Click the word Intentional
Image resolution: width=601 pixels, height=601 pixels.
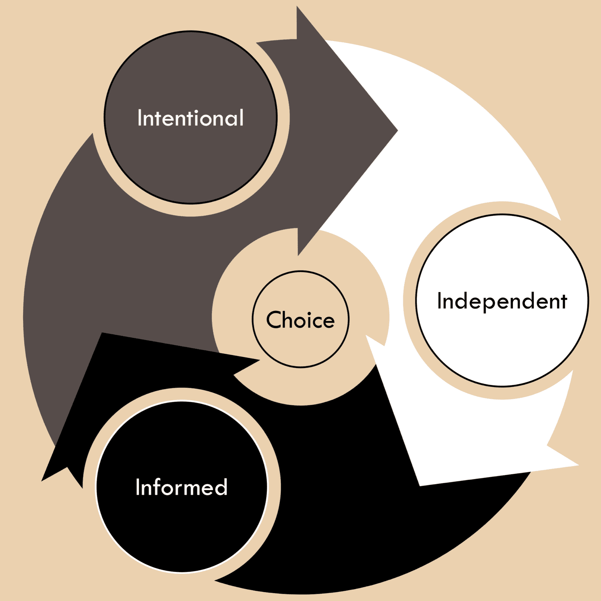tap(190, 118)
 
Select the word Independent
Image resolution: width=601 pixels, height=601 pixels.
tap(502, 302)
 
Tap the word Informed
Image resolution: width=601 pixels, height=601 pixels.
tap(182, 487)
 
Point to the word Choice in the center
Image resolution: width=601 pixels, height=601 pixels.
tap(300, 320)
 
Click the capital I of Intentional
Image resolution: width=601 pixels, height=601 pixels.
tap(139, 118)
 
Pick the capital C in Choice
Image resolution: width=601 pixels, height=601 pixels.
tap(274, 320)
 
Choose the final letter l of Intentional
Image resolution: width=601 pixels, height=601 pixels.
tap(241, 118)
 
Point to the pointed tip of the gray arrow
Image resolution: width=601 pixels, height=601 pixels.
tap(397, 130)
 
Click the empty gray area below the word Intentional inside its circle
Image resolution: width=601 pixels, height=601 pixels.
tap(190, 165)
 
